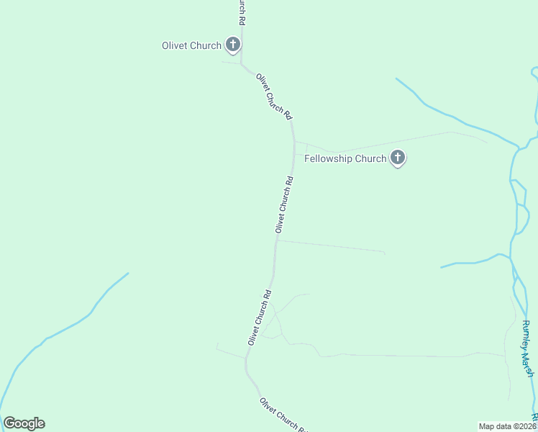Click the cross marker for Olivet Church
232,45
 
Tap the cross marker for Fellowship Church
398,158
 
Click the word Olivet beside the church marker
175,45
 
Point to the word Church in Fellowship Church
372,158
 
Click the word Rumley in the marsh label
526,334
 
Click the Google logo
24,423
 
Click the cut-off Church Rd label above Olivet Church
242,11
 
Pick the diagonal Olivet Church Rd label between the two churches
274,96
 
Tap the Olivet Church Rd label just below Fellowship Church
284,204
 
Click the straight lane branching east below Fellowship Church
331,246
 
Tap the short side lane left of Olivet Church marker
230,63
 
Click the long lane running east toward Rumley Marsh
403,356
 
